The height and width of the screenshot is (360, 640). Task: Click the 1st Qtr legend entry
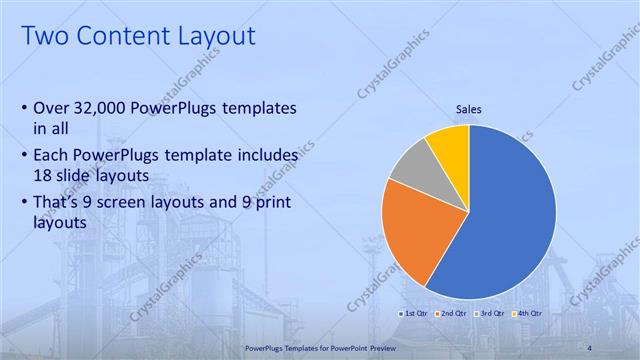pos(414,313)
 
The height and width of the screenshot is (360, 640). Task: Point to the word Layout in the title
pos(215,37)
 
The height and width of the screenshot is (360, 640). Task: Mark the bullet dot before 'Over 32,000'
pos(24,108)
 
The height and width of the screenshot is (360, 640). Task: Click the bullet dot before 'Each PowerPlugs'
pos(24,157)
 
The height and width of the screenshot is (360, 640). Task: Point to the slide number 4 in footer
pos(590,347)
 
